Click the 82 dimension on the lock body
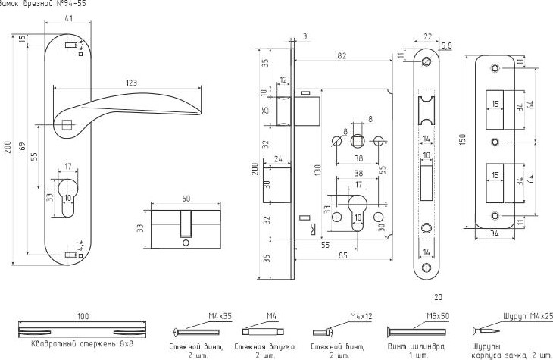342,55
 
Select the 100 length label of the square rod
82,315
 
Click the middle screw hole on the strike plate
495,142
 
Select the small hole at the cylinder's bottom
185,243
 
